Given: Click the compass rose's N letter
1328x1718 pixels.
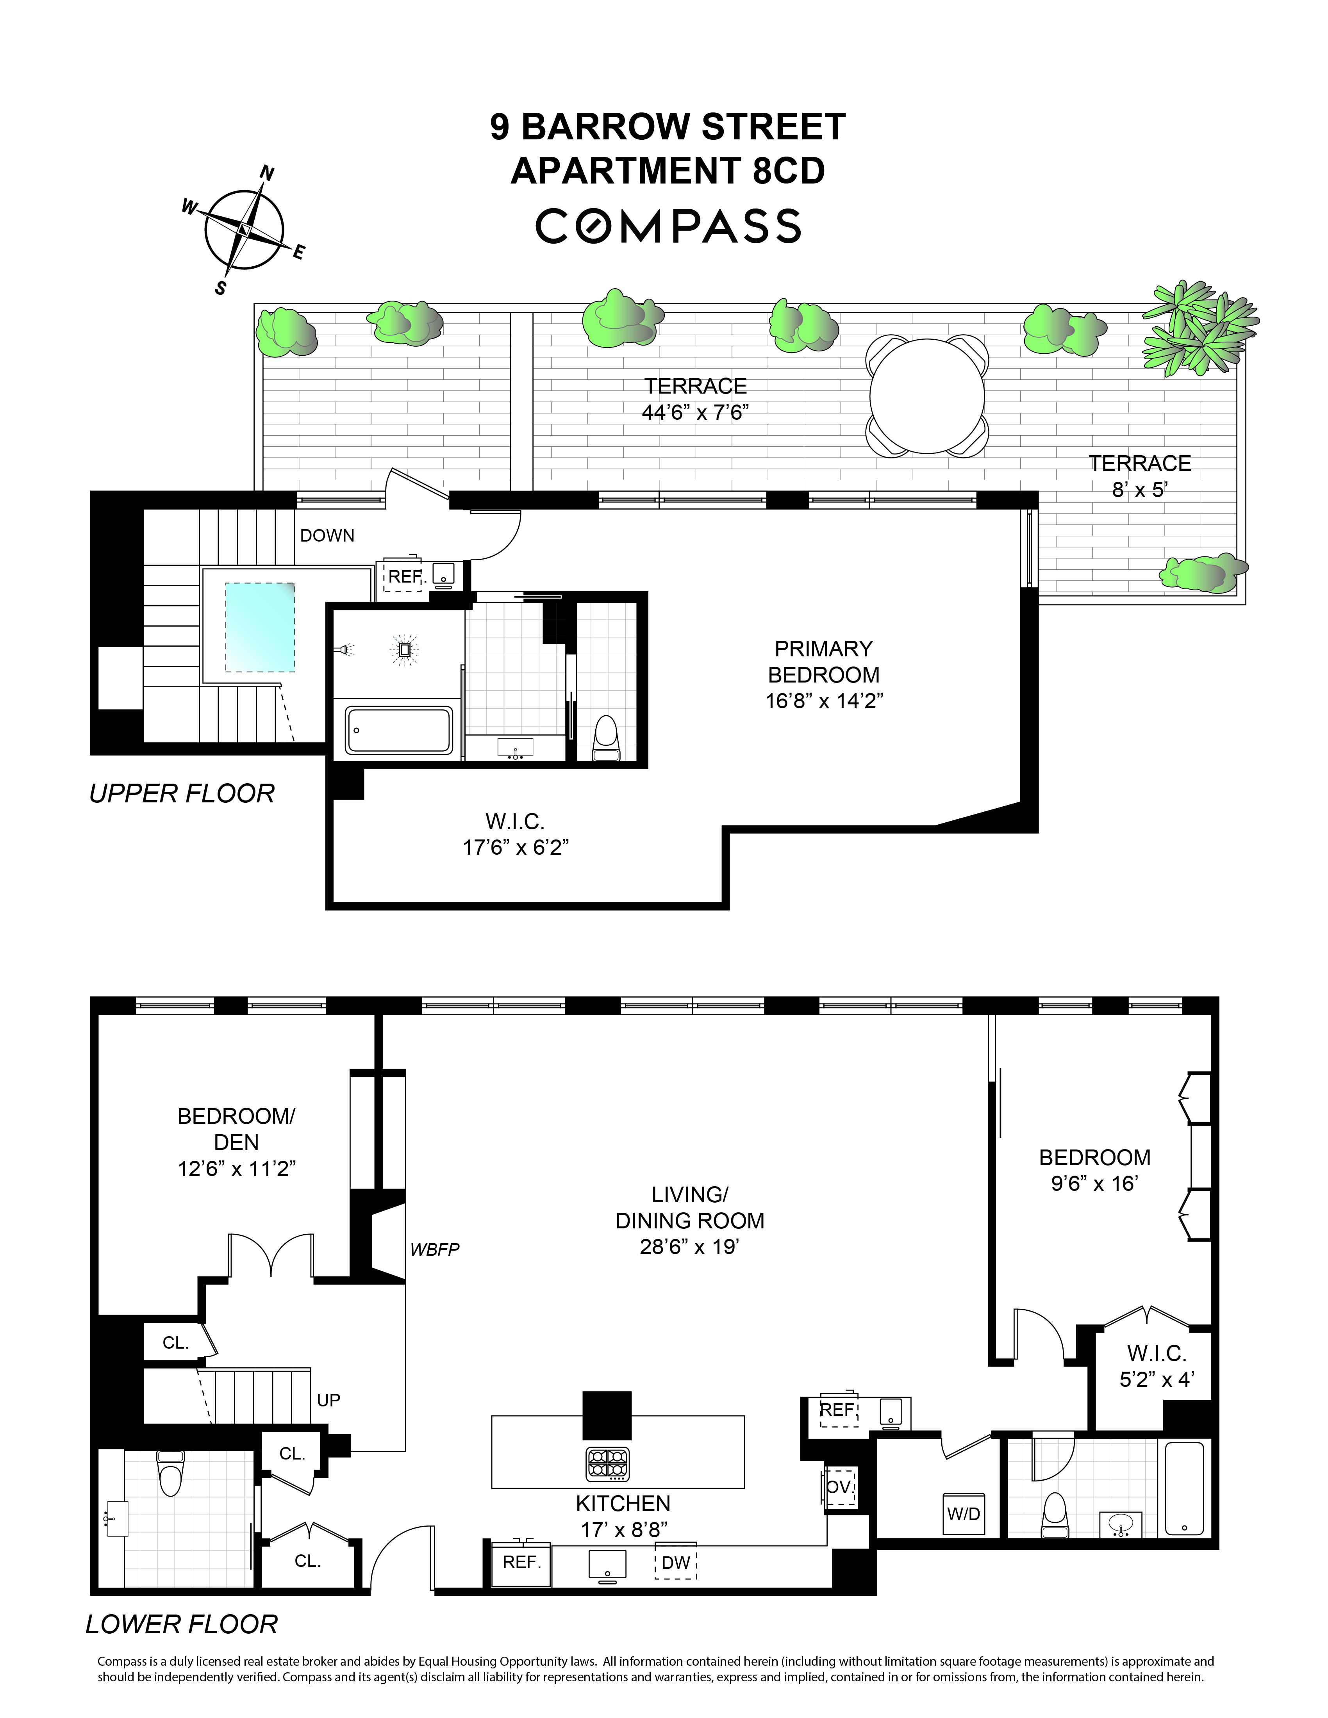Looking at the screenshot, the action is tap(267, 174).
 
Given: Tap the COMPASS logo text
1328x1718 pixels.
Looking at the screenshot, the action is tap(668, 226).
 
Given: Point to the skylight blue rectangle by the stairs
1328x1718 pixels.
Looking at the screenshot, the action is tap(261, 627).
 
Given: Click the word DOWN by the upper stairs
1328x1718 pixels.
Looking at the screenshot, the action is tap(327, 536).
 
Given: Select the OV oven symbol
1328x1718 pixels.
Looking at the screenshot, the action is tap(839, 1488).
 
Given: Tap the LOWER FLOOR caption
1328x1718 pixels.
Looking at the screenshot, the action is tap(182, 1624).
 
